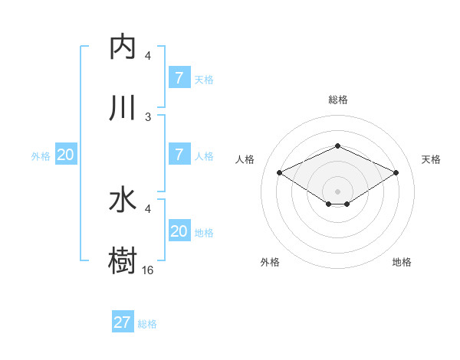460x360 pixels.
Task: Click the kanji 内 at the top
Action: (x=122, y=47)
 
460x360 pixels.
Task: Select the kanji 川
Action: (x=122, y=108)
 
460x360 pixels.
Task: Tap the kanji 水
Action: (x=122, y=200)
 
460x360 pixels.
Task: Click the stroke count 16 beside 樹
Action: (x=148, y=270)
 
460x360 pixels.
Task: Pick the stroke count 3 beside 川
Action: (x=148, y=116)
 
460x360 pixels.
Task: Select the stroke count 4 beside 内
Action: (x=148, y=56)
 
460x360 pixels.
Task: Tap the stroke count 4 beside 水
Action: (x=148, y=208)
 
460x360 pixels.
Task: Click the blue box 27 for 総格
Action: (x=122, y=322)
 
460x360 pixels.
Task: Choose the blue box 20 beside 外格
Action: (x=65, y=155)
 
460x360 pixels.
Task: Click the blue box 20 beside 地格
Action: (x=179, y=231)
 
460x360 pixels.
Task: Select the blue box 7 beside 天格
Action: (x=179, y=77)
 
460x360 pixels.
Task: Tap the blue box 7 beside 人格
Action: (x=179, y=154)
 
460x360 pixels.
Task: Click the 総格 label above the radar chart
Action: (x=337, y=100)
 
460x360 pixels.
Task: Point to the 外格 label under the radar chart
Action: (x=270, y=262)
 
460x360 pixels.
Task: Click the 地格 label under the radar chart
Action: (x=402, y=262)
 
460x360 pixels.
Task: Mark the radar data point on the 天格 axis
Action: (x=396, y=173)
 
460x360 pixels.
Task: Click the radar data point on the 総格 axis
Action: (x=337, y=146)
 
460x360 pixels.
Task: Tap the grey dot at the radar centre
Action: (x=337, y=191)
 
